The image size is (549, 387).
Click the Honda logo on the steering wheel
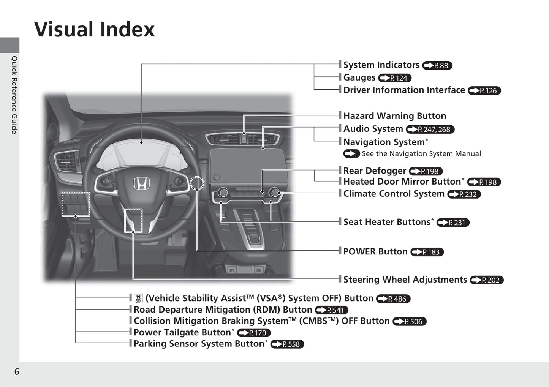[142, 183]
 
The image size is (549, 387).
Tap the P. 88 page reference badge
[437, 65]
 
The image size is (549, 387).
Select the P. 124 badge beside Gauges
[395, 78]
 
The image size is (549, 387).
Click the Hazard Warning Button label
[395, 116]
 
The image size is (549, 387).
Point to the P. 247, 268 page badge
[430, 130]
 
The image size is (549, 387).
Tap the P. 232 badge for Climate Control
[464, 194]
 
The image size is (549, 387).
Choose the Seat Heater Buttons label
[388, 222]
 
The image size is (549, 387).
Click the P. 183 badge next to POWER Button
[427, 252]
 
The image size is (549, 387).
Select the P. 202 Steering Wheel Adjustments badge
[487, 280]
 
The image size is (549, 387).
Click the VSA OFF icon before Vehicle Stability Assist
[138, 299]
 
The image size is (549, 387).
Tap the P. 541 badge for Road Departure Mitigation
[332, 310]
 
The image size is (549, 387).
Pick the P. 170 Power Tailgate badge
[254, 333]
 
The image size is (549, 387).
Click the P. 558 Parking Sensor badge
[287, 344]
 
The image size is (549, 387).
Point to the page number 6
[17, 371]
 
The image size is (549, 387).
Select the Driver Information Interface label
[404, 90]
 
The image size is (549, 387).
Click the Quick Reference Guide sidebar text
[14, 95]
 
